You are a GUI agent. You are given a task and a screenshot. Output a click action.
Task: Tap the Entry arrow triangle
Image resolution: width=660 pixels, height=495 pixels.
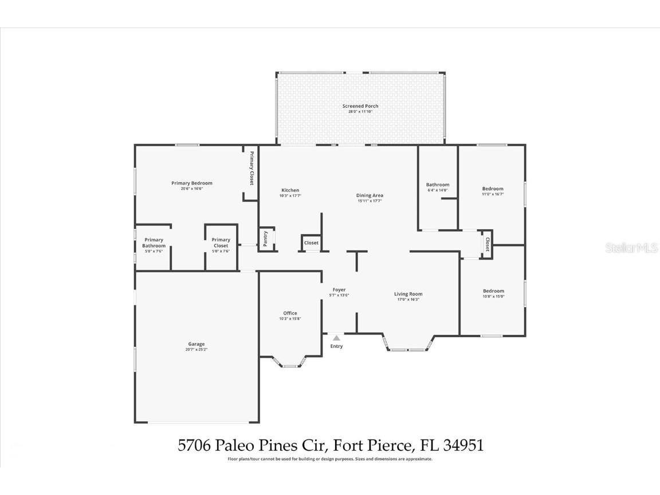[x=336, y=338]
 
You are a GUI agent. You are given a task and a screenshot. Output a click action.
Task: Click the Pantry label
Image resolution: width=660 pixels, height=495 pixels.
[x=265, y=238]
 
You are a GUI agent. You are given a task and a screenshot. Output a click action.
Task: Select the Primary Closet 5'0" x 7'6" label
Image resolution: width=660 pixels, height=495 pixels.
[x=221, y=242]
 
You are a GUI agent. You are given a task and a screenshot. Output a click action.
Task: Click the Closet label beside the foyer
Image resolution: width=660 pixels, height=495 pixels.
[x=311, y=243]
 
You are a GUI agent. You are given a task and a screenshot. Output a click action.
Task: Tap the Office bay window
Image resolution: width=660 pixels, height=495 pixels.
[x=290, y=365]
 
